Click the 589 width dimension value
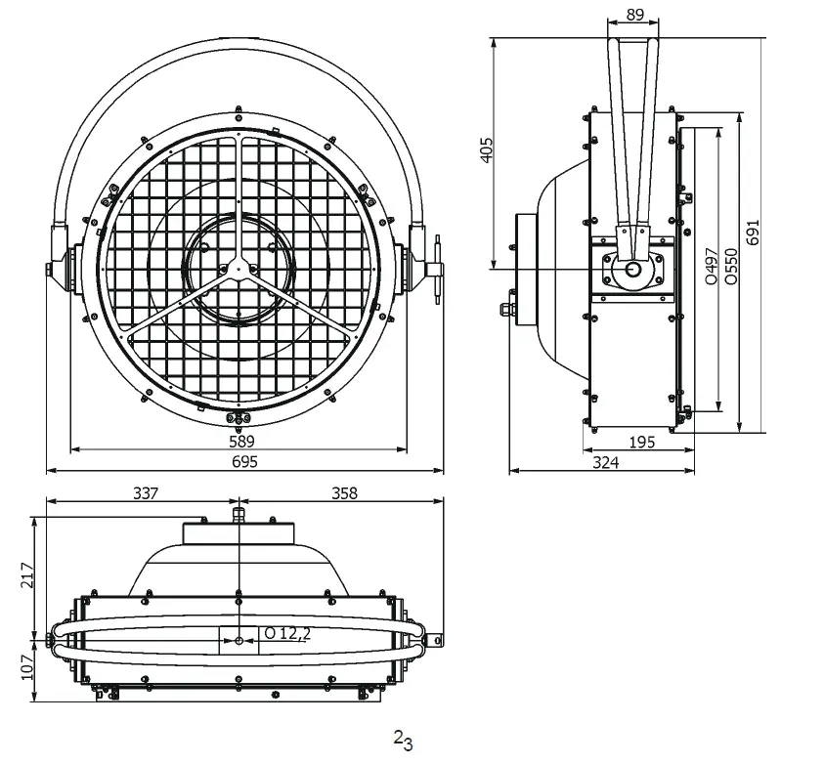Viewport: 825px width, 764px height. point(240,442)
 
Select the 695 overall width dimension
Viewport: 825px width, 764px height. point(240,463)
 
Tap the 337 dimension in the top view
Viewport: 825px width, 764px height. point(145,493)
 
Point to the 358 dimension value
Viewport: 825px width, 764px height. point(344,493)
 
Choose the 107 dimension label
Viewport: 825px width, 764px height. point(27,666)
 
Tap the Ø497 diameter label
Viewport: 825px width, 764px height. point(710,265)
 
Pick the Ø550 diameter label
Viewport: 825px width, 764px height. point(731,265)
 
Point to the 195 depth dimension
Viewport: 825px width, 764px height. point(641,443)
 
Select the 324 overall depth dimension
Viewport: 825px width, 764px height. point(606,463)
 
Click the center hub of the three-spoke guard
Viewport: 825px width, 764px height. point(236,269)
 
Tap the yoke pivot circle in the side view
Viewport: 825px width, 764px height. point(632,269)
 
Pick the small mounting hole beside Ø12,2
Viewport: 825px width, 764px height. point(239,640)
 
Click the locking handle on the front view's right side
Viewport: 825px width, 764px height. point(436,264)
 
